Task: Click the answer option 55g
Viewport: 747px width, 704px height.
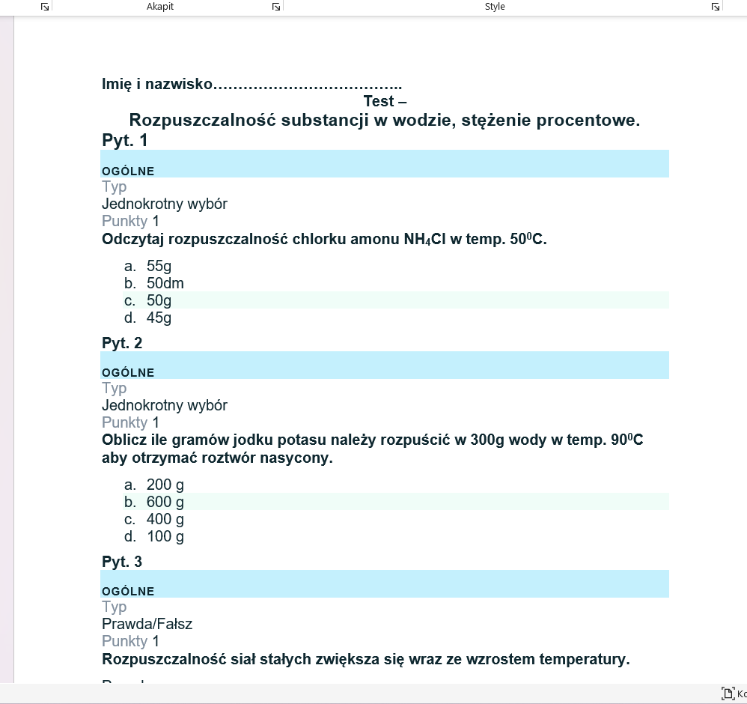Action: [x=159, y=266]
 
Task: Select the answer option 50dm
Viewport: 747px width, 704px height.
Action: [x=165, y=283]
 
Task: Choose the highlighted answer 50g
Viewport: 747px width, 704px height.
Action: [x=159, y=300]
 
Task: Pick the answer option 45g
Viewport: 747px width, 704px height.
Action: [x=159, y=318]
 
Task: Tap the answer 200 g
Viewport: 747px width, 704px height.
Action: [x=165, y=485]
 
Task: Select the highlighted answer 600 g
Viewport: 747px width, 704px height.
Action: [x=165, y=502]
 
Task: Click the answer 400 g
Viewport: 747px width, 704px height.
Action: [x=165, y=519]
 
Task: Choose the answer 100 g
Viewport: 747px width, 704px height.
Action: [x=165, y=536]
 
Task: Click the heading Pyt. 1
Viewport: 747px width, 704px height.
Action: [x=125, y=140]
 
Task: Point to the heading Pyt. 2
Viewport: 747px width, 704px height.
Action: [x=122, y=343]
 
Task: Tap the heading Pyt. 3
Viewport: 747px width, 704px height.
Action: [x=122, y=562]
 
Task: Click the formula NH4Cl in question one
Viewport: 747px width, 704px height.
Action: [x=424, y=240]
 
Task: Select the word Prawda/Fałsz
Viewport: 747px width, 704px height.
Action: [x=147, y=624]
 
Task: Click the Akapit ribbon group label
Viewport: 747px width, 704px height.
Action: [x=160, y=7]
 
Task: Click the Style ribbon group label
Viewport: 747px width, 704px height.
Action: [x=495, y=7]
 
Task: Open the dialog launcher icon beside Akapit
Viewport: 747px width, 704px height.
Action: [x=276, y=7]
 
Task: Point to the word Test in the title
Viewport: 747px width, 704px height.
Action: [x=379, y=101]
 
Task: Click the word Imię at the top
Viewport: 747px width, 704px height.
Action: [x=117, y=84]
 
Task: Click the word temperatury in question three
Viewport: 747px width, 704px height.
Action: [x=585, y=660]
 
